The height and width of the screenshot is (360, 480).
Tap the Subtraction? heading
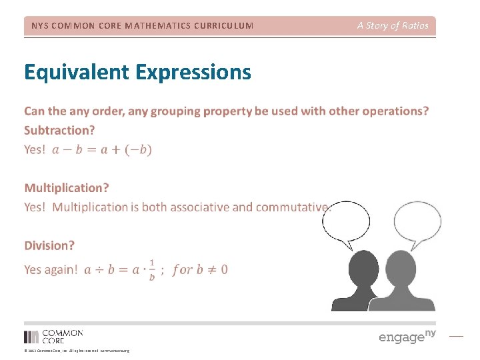point(59,130)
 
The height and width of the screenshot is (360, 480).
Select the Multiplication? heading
point(67,188)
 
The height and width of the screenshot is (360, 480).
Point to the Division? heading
point(50,245)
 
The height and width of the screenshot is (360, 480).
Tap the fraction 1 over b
point(152,269)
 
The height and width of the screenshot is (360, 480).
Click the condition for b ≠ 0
point(200,269)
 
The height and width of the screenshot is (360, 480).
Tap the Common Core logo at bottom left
point(53,336)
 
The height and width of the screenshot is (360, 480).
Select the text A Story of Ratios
point(393,25)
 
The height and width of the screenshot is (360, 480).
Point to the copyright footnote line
point(77,351)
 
